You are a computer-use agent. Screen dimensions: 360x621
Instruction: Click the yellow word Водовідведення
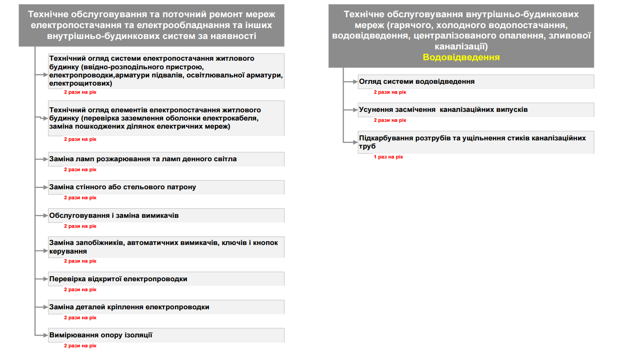461,58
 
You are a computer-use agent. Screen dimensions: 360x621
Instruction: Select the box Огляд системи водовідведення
476,82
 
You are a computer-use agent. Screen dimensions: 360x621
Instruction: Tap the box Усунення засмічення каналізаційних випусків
476,110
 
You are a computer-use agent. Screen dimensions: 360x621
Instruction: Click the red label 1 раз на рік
388,157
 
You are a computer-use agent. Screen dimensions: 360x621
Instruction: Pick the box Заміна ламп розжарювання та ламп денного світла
166,159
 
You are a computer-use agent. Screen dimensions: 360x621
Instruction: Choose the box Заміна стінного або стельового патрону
166,187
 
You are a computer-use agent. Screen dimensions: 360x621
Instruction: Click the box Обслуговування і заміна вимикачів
166,216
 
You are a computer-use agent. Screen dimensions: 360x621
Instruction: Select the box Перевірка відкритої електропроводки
166,279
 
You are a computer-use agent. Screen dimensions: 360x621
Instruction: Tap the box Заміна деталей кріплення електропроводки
166,307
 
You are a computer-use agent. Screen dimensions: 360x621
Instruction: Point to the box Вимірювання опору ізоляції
166,335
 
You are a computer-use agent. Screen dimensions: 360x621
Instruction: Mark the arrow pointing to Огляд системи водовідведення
351,82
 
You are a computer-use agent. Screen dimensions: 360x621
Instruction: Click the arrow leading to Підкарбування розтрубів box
351,142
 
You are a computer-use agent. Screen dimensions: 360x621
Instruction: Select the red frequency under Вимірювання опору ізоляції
80,346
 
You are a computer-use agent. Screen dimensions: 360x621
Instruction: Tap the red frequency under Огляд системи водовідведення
390,92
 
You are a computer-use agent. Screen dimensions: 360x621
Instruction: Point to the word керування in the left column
68,251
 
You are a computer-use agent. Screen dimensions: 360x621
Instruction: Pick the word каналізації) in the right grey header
461,46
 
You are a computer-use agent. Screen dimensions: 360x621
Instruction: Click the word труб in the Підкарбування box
367,147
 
